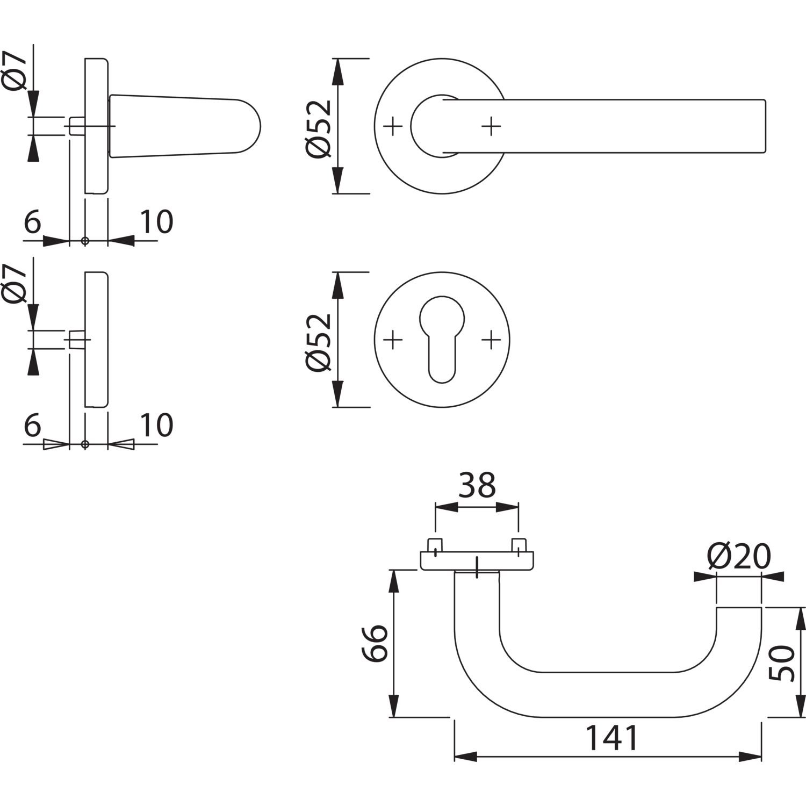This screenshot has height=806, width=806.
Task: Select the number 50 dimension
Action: click(x=782, y=663)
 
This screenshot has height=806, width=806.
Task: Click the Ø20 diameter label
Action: click(x=739, y=557)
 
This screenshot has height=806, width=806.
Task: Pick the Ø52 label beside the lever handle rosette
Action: click(x=320, y=126)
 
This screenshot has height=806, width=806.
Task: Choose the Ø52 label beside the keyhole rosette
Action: click(x=320, y=341)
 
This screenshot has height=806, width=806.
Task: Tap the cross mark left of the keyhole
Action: click(x=393, y=340)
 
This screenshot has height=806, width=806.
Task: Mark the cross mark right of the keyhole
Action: click(x=491, y=340)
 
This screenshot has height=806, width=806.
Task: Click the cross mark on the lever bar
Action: click(x=491, y=126)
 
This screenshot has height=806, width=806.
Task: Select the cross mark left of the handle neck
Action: click(x=393, y=126)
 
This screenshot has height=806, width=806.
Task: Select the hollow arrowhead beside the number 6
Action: click(x=56, y=444)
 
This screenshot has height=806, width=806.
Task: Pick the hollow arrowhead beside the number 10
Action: click(x=121, y=444)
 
